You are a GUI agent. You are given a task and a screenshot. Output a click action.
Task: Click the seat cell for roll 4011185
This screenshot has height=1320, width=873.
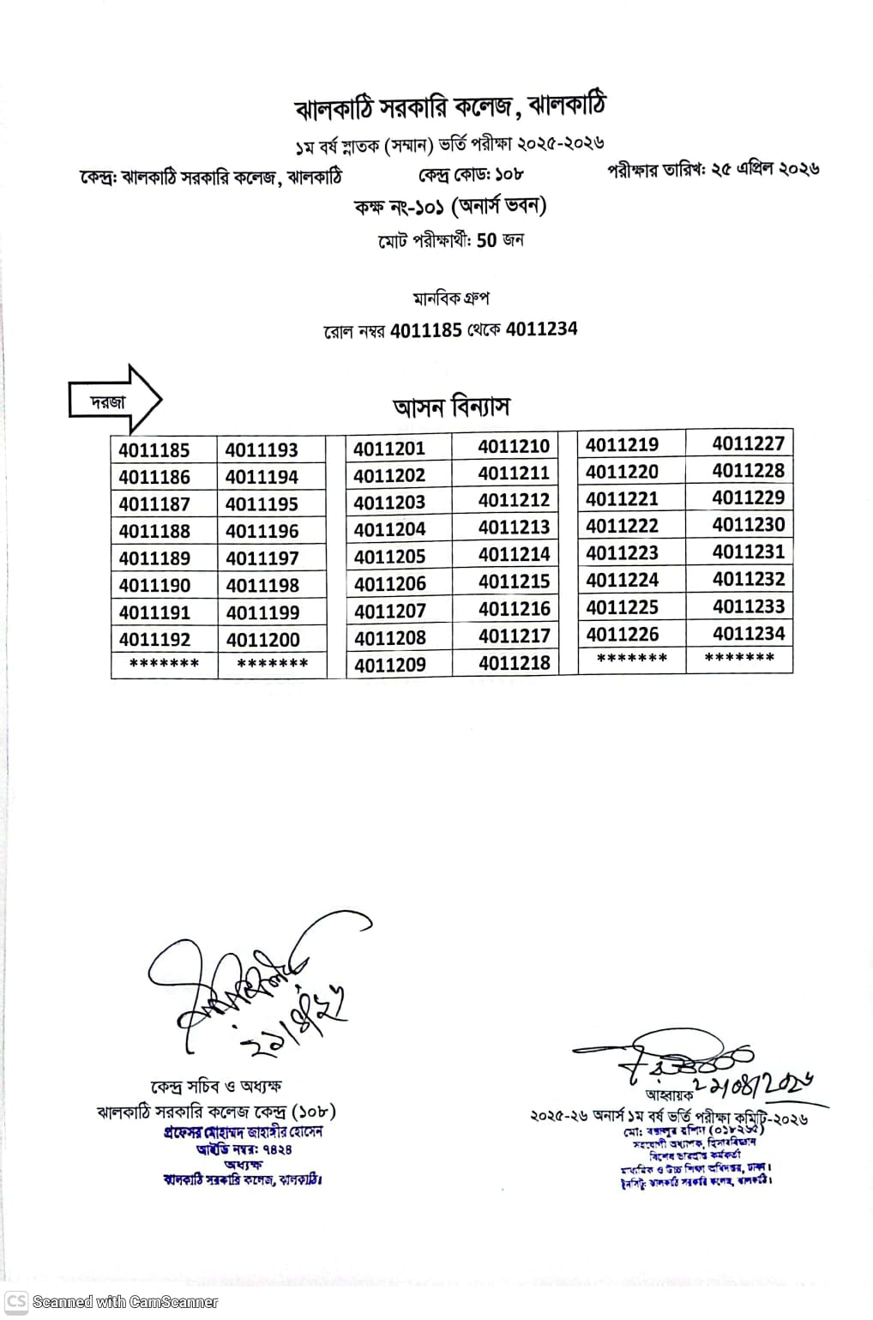pos(154,450)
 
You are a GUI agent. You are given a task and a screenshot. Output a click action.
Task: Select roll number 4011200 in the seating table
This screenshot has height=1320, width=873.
pos(262,640)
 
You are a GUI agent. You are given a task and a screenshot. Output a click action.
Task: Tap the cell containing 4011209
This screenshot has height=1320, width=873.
pos(389,665)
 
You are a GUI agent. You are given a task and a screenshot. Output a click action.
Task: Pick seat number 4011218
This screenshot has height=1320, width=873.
pos(514,663)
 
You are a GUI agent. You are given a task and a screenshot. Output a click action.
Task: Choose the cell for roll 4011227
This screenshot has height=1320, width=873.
pos(748,443)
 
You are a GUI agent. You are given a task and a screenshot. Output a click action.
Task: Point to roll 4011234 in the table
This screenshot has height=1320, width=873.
pos(748,634)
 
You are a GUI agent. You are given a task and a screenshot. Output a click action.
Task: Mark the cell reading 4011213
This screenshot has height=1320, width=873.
pos(514,527)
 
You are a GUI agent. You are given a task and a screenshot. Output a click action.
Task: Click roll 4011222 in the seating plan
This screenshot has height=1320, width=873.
pos(622,526)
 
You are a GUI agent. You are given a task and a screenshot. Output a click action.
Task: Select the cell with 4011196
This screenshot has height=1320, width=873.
pos(262,532)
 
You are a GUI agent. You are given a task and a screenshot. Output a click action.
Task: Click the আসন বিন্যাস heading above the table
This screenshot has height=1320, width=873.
pos(451,407)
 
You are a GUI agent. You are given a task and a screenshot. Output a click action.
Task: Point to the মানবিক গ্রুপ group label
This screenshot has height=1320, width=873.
pos(450,298)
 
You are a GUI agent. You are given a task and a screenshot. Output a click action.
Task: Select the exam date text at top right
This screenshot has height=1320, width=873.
pos(713,169)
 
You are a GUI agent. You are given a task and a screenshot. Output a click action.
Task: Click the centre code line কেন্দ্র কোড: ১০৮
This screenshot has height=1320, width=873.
pos(471,175)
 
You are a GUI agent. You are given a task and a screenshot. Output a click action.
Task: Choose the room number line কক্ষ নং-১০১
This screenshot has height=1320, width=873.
pos(450,207)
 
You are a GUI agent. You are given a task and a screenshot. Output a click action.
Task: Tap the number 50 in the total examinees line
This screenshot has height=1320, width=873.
pos(486,240)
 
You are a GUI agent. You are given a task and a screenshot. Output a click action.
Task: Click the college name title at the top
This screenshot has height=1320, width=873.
pos(450,107)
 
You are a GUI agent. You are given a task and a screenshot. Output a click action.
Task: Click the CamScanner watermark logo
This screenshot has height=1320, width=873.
pos(16,1300)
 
